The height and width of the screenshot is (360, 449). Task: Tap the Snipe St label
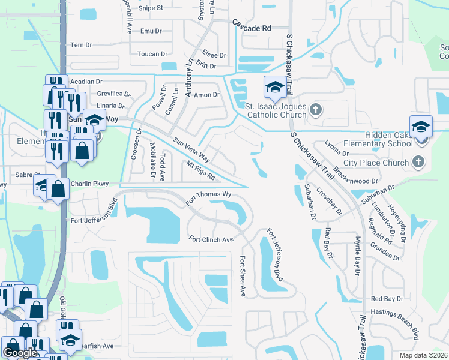click(x=151, y=8)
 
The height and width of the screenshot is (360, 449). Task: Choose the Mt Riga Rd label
click(x=200, y=171)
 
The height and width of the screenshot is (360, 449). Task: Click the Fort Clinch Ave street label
click(x=211, y=239)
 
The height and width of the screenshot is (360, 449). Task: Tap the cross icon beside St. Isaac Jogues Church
click(x=318, y=110)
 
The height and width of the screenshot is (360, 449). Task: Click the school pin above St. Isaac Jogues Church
click(x=274, y=88)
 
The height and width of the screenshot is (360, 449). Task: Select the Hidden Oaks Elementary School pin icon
click(x=421, y=127)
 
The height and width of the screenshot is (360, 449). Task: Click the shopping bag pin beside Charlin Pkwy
click(x=58, y=190)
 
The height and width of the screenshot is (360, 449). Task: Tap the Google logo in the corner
click(x=20, y=353)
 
